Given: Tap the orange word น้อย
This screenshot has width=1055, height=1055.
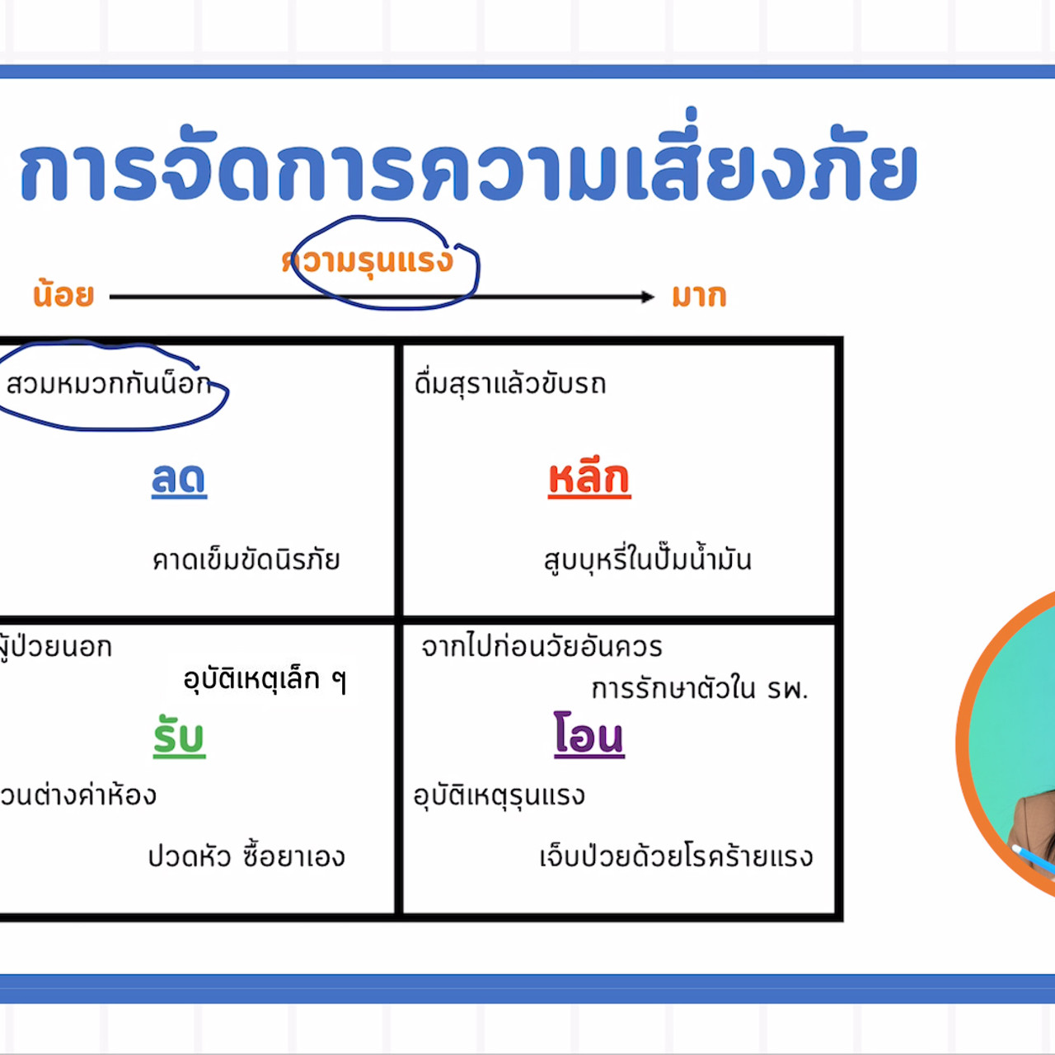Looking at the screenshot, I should pyautogui.click(x=63, y=294).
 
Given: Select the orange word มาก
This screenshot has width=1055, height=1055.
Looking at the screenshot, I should pyautogui.click(x=699, y=295).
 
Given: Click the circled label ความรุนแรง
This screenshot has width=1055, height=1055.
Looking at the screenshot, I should pyautogui.click(x=369, y=261).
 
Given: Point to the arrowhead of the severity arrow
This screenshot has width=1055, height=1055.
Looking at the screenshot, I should pyautogui.click(x=649, y=297).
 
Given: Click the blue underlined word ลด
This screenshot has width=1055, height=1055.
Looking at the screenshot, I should pyautogui.click(x=179, y=479).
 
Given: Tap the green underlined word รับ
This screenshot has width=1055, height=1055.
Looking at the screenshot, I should pyautogui.click(x=179, y=736).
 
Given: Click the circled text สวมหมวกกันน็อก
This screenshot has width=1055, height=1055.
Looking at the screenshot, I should pyautogui.click(x=108, y=384).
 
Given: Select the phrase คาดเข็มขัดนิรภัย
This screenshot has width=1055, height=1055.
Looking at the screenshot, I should pyautogui.click(x=246, y=560).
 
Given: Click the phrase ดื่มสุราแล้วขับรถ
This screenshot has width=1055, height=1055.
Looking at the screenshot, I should pyautogui.click(x=510, y=384).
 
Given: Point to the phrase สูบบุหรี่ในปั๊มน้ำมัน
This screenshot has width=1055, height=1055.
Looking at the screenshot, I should pyautogui.click(x=647, y=560).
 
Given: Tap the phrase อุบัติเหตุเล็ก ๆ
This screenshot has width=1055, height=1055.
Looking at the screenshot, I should pyautogui.click(x=265, y=680).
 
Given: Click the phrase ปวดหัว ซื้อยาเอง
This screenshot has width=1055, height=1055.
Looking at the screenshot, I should pyautogui.click(x=246, y=856).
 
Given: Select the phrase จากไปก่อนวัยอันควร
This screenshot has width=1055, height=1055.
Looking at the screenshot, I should pyautogui.click(x=542, y=647).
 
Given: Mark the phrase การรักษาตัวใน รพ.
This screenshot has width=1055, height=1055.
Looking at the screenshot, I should pyautogui.click(x=700, y=688).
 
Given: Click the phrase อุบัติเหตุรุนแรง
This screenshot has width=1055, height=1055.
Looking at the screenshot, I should pyautogui.click(x=499, y=795).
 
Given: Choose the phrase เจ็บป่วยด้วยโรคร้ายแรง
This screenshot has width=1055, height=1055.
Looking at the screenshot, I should pyautogui.click(x=676, y=857).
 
